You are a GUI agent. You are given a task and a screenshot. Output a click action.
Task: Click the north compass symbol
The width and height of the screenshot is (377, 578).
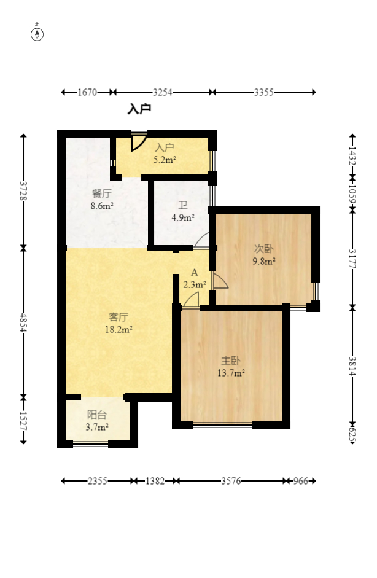[37, 34]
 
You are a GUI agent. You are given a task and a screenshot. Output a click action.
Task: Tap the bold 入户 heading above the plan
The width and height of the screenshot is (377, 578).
[139, 109]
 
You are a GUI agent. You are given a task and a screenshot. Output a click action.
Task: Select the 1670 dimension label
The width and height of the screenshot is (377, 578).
[87, 92]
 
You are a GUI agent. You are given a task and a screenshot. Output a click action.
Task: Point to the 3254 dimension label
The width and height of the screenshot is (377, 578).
[163, 92]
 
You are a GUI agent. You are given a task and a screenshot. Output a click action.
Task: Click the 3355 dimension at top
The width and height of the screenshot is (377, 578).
[263, 92]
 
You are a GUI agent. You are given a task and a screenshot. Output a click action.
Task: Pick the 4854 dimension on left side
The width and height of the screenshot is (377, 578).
[23, 322]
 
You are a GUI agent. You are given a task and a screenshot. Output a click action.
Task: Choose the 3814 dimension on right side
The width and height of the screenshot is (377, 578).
[352, 366]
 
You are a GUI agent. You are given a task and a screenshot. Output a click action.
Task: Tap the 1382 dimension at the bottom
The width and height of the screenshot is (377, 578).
[155, 481]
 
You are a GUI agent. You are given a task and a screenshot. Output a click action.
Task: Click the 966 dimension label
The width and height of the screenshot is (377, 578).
[300, 481]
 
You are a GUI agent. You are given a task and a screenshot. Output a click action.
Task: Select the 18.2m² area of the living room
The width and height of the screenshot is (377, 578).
[119, 329]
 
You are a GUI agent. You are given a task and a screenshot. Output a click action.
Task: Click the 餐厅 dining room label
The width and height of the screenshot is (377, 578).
[102, 193]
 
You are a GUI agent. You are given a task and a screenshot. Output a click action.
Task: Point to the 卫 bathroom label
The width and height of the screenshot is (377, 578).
[183, 205]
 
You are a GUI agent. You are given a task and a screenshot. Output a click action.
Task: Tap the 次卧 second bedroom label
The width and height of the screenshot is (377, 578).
[264, 249]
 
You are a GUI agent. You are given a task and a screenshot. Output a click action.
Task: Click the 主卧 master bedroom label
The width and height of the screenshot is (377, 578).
[231, 361]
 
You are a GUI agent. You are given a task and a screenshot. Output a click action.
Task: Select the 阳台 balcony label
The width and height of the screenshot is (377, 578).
[97, 415]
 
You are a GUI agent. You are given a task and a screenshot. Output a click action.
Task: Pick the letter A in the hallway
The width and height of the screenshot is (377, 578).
[195, 272]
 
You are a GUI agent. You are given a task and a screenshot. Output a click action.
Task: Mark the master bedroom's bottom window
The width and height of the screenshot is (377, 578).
[223, 426]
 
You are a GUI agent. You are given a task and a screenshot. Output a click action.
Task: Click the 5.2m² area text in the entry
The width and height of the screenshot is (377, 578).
[165, 160]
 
